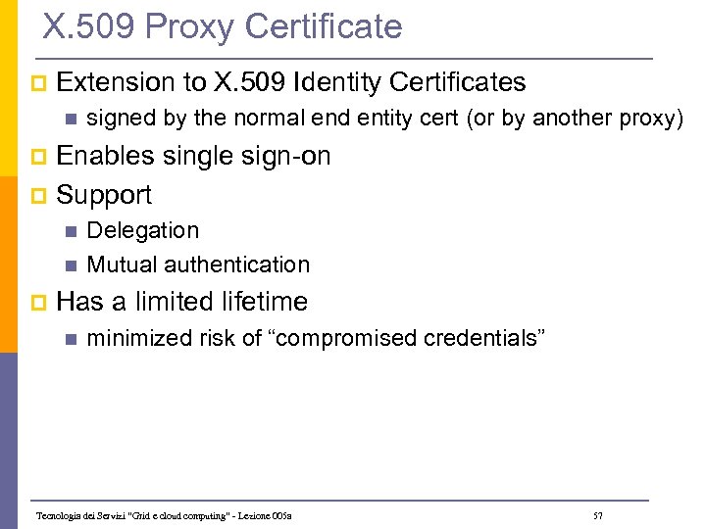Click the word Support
[104, 194]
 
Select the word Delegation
[143, 230]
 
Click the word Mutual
[123, 264]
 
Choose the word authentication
[237, 264]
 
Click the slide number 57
[598, 515]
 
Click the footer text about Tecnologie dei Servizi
[164, 515]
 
